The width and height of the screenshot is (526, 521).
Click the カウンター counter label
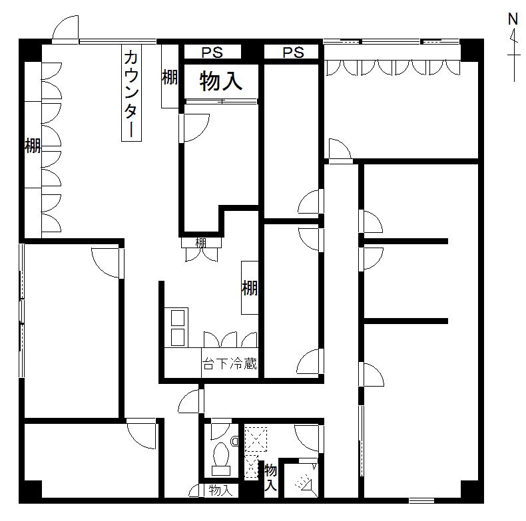[131, 94]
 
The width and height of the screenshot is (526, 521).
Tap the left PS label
[212, 53]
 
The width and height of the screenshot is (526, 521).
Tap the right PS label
[293, 53]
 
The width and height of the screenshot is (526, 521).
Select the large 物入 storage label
[221, 81]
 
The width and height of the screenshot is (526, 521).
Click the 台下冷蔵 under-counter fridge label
[230, 364]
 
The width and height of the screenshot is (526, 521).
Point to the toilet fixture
[222, 458]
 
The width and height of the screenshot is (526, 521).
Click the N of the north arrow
[513, 19]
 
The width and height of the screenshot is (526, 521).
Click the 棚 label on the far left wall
[33, 146]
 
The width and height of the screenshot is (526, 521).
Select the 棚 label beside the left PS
[170, 77]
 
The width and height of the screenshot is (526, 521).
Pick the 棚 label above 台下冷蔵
[250, 287]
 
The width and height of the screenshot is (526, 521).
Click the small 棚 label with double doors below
[200, 243]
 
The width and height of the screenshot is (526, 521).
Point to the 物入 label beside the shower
[271, 477]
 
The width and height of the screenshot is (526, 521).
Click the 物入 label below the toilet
[220, 491]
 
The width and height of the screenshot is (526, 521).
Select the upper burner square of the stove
[178, 318]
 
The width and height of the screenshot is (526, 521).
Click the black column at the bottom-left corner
[31, 492]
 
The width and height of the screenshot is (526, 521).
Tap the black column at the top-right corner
[472, 50]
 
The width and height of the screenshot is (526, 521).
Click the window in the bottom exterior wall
[421, 500]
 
